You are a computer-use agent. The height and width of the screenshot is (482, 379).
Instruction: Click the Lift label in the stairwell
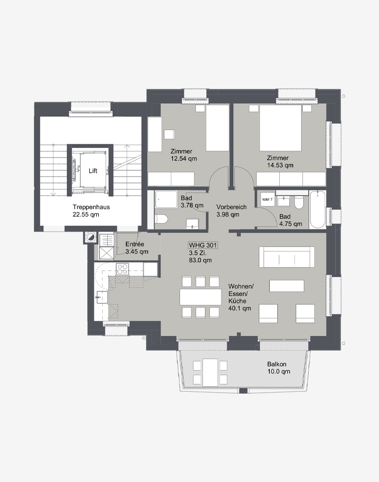click(x=93, y=171)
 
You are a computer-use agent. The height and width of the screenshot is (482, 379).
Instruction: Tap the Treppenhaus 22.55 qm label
click(x=91, y=211)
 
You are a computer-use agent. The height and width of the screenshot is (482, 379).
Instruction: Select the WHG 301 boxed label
click(x=202, y=245)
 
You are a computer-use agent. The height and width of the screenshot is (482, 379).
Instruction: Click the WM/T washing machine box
click(x=267, y=199)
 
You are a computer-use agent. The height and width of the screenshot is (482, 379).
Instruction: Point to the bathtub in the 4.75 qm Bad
click(x=317, y=210)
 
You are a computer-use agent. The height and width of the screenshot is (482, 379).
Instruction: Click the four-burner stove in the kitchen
click(x=122, y=269)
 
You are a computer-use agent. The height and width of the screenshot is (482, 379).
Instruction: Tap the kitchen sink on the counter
click(x=102, y=297)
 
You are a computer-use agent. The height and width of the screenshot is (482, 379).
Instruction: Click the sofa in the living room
click(x=287, y=256)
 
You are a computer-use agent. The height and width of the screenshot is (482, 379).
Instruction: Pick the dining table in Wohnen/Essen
click(x=200, y=297)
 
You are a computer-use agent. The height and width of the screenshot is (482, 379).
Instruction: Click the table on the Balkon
click(x=210, y=373)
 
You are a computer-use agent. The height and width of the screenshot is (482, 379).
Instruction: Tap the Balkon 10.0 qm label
click(x=278, y=368)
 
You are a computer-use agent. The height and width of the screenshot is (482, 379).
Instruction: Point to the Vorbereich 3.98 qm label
click(x=231, y=211)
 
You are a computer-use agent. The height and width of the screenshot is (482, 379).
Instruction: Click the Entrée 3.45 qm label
click(x=137, y=248)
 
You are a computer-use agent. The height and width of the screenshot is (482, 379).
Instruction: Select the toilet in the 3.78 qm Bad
click(x=161, y=219)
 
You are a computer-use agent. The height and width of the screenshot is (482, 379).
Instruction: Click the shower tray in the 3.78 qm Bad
click(x=166, y=199)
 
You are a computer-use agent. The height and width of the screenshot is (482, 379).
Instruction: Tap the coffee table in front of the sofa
click(x=287, y=285)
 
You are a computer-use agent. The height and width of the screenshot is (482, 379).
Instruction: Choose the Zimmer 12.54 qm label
click(x=184, y=155)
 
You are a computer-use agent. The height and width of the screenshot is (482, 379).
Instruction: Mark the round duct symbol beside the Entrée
click(x=91, y=237)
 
